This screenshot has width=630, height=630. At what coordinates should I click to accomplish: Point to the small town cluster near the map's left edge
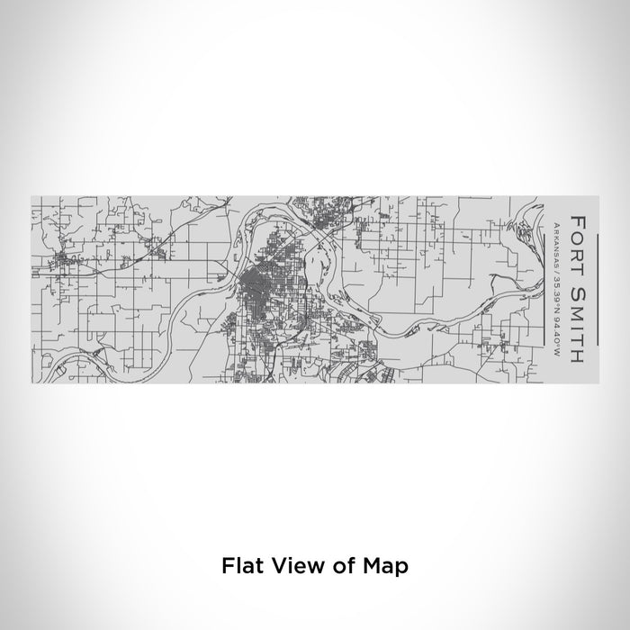[65, 263]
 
